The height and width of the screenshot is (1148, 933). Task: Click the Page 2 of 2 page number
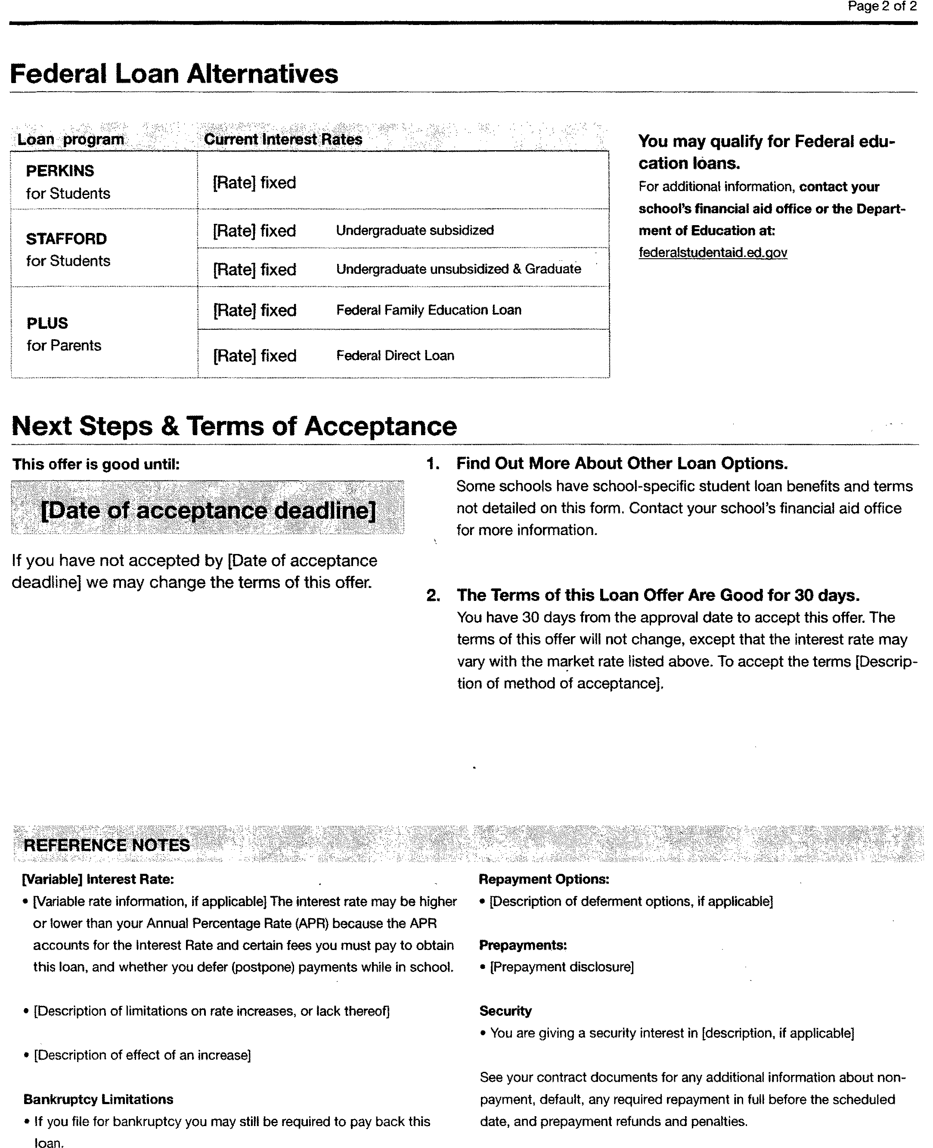click(x=882, y=7)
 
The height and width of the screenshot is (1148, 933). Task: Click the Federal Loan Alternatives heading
click(x=174, y=74)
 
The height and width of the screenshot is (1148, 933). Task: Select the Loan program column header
click(x=71, y=139)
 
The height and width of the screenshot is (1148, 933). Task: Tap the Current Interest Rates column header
click(x=283, y=139)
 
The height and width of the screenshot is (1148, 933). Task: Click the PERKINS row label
click(x=60, y=171)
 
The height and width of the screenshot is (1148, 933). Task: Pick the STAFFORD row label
click(x=66, y=238)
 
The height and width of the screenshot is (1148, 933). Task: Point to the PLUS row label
click(x=47, y=323)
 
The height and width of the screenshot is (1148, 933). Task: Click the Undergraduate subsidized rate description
click(x=414, y=230)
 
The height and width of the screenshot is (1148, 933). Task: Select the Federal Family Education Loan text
click(x=428, y=310)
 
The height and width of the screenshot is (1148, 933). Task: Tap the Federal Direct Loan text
click(x=395, y=356)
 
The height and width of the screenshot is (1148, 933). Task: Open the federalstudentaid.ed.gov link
click(x=713, y=253)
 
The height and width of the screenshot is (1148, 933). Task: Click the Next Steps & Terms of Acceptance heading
click(x=234, y=426)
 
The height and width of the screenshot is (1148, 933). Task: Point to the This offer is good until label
click(x=96, y=464)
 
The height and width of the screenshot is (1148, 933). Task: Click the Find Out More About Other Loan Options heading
click(x=622, y=463)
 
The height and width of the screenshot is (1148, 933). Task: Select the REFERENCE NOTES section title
click(x=106, y=845)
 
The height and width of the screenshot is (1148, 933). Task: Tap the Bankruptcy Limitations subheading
click(x=98, y=1099)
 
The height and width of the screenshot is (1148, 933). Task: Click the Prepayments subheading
click(x=522, y=945)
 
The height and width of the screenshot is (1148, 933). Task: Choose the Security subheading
click(x=505, y=1011)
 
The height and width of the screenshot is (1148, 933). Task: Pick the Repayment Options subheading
click(x=544, y=879)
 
